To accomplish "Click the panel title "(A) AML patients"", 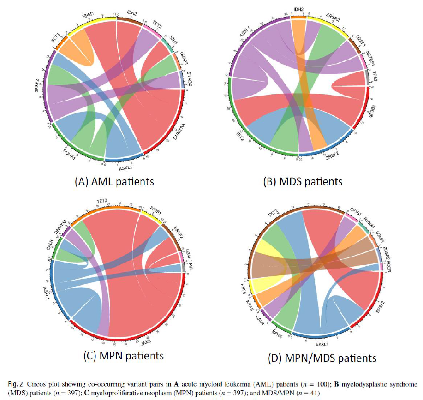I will (114, 181).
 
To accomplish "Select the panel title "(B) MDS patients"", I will (302, 181).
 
